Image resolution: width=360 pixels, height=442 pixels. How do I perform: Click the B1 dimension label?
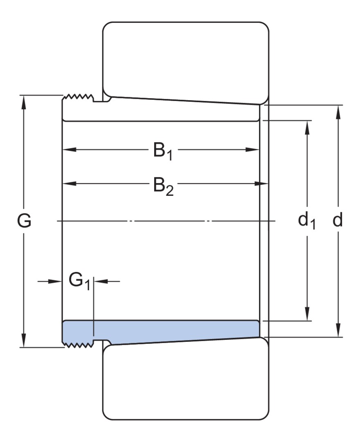[x=163, y=151]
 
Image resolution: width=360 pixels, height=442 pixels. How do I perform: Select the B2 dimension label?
[x=163, y=186]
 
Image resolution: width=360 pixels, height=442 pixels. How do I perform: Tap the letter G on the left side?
[x=24, y=221]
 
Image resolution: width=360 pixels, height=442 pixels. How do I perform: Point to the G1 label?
[x=79, y=282]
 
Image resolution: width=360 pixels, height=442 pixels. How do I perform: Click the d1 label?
[x=307, y=221]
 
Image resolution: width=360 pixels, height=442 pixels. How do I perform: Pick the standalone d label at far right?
[x=337, y=220]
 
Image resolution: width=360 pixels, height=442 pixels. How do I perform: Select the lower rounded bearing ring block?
[x=186, y=379]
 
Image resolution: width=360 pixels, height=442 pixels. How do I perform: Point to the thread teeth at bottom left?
[x=78, y=344]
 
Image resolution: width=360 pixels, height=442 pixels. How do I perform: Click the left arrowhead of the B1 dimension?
[x=70, y=149]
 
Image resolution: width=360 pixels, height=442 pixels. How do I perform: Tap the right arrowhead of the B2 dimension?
[x=261, y=184]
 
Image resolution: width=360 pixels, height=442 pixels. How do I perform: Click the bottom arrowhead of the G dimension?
[x=24, y=341]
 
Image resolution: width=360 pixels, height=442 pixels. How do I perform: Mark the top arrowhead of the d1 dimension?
[x=307, y=128]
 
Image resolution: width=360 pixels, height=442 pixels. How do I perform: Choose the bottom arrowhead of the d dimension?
[x=338, y=330]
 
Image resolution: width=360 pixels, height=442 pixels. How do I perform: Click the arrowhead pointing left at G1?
[x=101, y=281]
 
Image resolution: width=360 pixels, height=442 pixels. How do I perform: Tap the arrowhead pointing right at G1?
[x=55, y=281]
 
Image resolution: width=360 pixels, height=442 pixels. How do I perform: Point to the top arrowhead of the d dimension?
[x=338, y=112]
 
